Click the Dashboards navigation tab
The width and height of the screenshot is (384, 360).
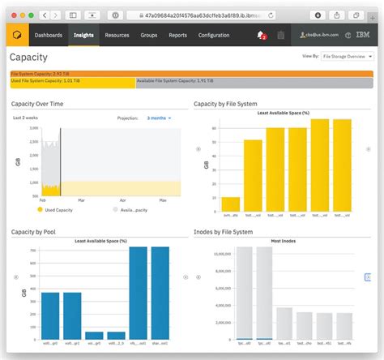point(49,36)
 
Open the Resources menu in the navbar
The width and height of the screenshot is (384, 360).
point(117,36)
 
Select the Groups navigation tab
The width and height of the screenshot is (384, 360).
point(148,36)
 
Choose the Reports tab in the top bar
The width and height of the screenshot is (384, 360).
point(177,36)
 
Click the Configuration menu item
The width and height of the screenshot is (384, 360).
point(214,36)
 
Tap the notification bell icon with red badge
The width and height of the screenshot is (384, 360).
point(261,35)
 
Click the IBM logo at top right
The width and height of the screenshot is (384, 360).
point(362,36)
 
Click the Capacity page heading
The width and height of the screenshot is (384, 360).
point(28,58)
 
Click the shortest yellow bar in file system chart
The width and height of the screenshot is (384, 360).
point(231,204)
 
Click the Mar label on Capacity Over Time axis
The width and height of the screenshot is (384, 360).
point(81,199)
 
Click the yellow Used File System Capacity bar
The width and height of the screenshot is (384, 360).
point(71,82)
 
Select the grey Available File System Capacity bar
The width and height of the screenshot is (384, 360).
point(253,82)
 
